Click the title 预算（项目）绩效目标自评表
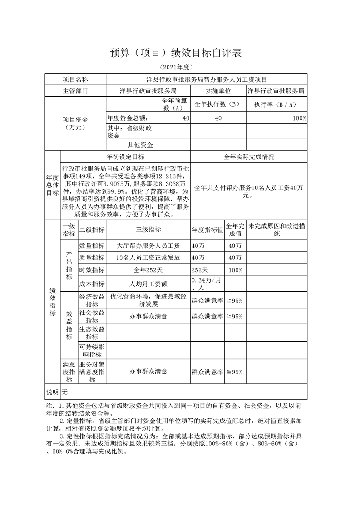(x=180, y=53)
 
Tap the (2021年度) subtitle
(x=180, y=68)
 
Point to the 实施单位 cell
(x=218, y=91)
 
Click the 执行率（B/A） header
(x=275, y=104)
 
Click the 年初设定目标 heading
(x=126, y=157)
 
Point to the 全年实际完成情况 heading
(x=249, y=157)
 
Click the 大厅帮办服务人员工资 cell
(x=148, y=245)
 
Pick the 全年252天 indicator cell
(x=148, y=270)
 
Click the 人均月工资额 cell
(x=148, y=284)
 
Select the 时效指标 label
(x=92, y=270)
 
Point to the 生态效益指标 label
(x=92, y=333)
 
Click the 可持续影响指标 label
(x=92, y=350)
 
